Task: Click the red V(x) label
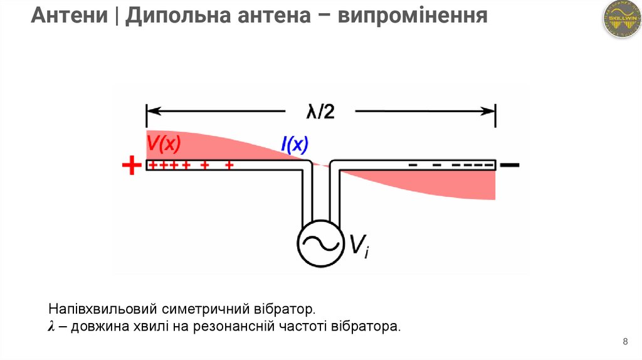click(164, 145)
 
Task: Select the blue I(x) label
click(294, 146)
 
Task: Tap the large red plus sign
click(131, 166)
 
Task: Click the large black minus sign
click(510, 166)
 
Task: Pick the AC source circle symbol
click(320, 243)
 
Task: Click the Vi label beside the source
click(359, 246)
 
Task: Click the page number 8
click(625, 342)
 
